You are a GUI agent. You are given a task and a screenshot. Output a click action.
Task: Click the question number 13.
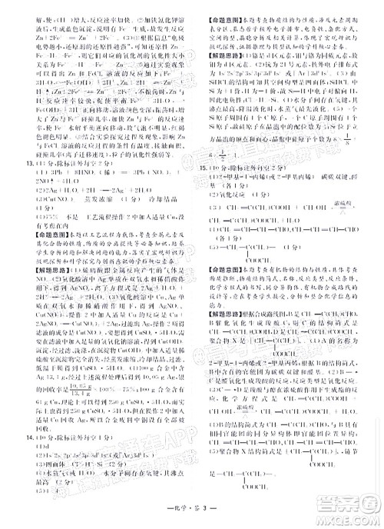[x=9, y=164]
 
